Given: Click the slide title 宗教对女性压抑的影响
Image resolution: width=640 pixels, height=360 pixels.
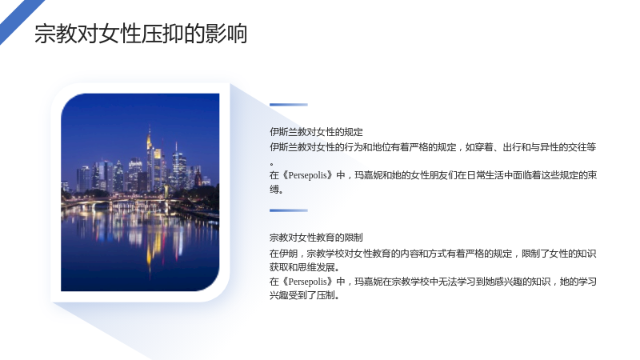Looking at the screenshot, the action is pos(141,34).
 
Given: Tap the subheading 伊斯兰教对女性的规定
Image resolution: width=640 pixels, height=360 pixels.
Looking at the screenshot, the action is pos(316,132).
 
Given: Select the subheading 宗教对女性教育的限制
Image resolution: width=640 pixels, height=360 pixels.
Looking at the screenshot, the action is pos(316,238).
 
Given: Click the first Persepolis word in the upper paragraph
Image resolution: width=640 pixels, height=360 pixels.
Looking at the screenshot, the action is pos(307,175).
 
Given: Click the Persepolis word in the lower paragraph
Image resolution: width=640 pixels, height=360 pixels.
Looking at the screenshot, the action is pos(307,282).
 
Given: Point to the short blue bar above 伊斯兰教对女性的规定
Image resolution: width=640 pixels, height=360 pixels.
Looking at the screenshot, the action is pos(289,105).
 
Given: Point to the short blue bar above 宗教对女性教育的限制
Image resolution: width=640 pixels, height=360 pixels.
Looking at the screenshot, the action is pos(289,210).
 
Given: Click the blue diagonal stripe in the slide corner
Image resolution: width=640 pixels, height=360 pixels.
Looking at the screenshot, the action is pos(21,21).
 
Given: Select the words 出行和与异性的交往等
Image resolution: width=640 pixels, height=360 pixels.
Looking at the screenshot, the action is pos(550,147).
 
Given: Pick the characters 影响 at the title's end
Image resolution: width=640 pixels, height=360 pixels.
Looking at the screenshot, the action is pos(226,34).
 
